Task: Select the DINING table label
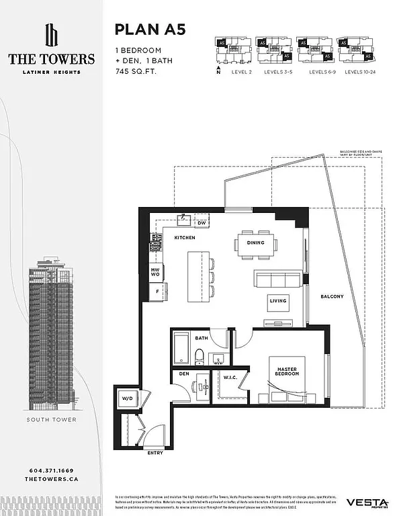click(255, 243)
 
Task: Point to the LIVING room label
click(278, 301)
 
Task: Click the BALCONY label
click(332, 296)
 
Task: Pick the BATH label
click(201, 338)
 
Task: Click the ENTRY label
click(155, 453)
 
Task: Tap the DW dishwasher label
click(201, 222)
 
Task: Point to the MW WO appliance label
click(154, 272)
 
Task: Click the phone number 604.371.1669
click(52, 471)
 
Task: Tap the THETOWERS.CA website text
click(52, 481)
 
